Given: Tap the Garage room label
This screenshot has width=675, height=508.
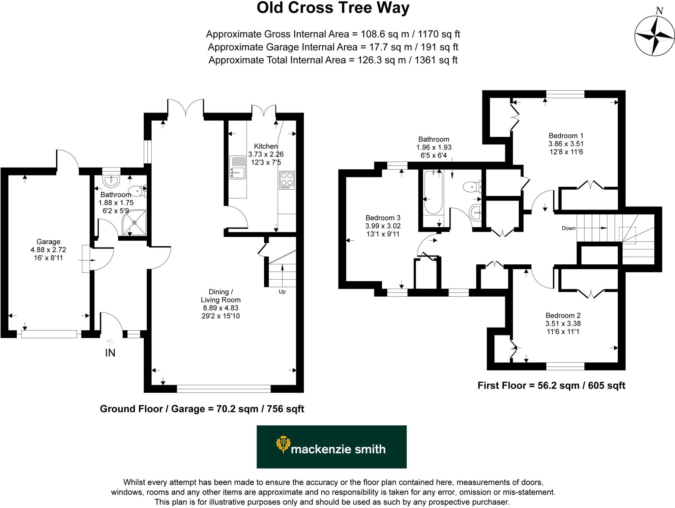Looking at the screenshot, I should pos(48,242).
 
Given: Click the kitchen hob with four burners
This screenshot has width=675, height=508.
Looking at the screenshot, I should pos(286,180).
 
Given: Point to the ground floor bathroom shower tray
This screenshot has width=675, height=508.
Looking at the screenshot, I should pos(134,223).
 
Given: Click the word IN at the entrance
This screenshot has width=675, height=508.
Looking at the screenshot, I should pos(110,353).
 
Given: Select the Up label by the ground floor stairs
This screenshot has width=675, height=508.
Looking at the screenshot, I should pos(282,292).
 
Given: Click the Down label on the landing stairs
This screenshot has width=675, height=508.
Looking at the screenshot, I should pos(569,228).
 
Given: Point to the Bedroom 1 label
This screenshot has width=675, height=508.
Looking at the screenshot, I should pos(566,136).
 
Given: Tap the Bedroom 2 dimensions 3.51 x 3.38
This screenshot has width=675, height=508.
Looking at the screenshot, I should pos(563,324).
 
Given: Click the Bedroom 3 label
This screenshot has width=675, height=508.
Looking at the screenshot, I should pos(383,218).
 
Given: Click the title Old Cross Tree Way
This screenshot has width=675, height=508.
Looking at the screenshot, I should pos(333,8).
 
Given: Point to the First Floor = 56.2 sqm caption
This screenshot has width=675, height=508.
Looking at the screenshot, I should pos(551,386).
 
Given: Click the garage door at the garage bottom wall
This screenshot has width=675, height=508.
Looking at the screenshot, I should pos(49,334).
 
